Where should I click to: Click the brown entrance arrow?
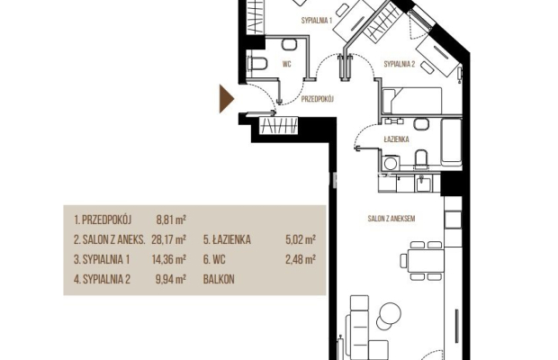coord(226,99)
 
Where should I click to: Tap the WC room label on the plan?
coord(286,64)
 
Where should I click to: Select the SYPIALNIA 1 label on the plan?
coord(317,21)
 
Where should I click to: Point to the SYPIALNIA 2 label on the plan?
coord(400,64)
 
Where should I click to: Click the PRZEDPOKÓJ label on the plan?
coord(317,99)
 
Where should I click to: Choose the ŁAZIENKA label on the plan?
coord(396,139)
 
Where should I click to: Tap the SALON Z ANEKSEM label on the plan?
coord(391,219)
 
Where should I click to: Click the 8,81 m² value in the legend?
coord(171,220)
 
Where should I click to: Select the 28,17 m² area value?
coord(168,239)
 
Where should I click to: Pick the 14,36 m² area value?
coord(168,259)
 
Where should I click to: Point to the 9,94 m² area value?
coord(171,279)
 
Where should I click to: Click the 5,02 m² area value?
coord(301,239)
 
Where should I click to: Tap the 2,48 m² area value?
coord(301,259)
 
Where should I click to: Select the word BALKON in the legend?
coord(219,279)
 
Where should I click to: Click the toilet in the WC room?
coord(257,64)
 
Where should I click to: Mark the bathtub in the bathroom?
coord(451,142)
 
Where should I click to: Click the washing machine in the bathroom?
coord(391,163)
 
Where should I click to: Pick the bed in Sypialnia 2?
coord(411,101)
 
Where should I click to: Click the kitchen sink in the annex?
coord(424,184)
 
